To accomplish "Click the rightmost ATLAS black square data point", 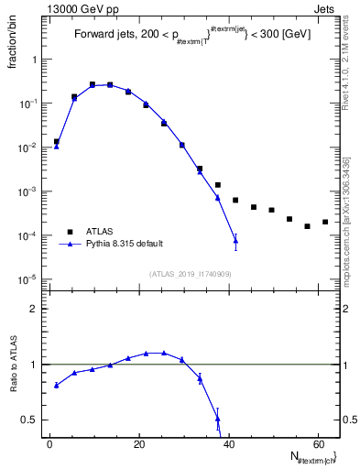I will tap(325, 222).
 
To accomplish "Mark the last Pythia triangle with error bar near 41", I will tap(235, 241).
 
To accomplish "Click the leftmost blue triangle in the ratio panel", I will tap(57, 385).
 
